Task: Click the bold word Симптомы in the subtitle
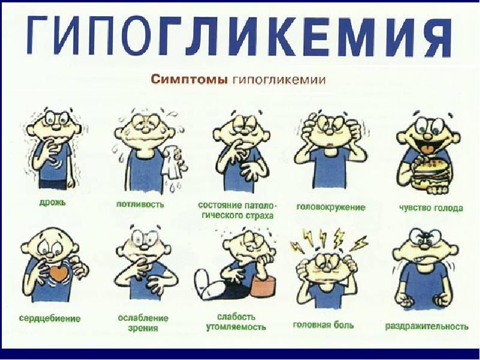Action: point(188,80)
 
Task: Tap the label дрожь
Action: point(53,202)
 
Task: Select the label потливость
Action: point(140,204)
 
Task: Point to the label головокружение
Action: point(331,208)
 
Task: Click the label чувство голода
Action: point(431,208)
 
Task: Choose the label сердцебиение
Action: point(50,319)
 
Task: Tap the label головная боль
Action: point(323,325)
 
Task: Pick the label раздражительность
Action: point(427,326)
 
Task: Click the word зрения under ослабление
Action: point(143,328)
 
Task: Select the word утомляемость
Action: point(236,327)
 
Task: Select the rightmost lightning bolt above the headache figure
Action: point(359,244)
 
